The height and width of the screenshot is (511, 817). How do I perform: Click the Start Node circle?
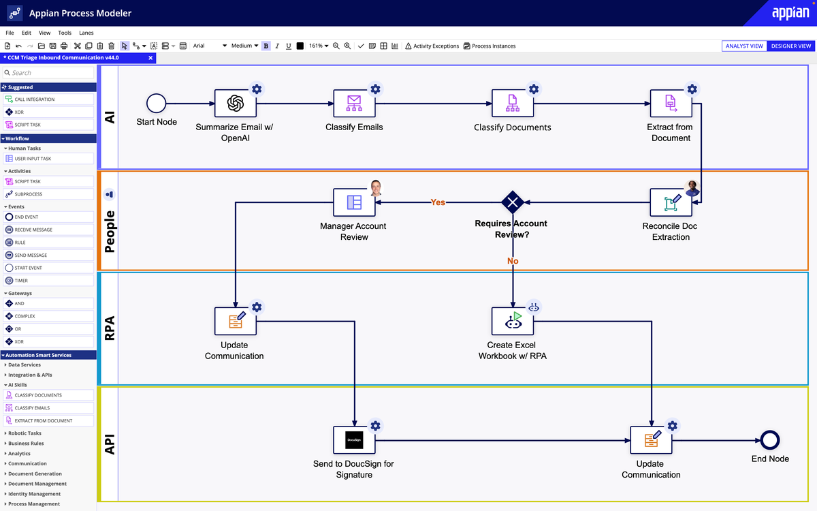tap(157, 104)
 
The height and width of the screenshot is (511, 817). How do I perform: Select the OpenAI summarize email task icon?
tap(236, 104)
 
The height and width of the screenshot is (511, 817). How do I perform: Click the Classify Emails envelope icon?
tap(354, 104)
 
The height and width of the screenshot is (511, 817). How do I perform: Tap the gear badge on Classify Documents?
tap(534, 89)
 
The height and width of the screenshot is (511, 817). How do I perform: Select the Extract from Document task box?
tap(671, 104)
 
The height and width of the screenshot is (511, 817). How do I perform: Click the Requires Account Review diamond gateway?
tap(512, 202)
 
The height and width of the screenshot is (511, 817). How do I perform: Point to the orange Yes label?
tap(438, 202)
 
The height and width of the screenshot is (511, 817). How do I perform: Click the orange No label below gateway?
tap(513, 261)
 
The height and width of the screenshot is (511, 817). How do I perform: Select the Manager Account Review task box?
tap(354, 202)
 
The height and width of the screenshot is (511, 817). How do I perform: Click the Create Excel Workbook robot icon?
tap(513, 321)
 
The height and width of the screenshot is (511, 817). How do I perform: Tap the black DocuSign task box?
tap(354, 440)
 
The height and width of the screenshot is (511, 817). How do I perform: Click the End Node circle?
tap(769, 440)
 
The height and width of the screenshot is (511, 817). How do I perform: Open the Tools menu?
tap(65, 33)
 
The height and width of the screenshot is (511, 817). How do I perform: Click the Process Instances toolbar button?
tap(490, 46)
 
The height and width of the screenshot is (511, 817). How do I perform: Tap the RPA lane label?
tap(109, 328)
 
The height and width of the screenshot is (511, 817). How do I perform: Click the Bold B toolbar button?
tap(266, 46)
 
